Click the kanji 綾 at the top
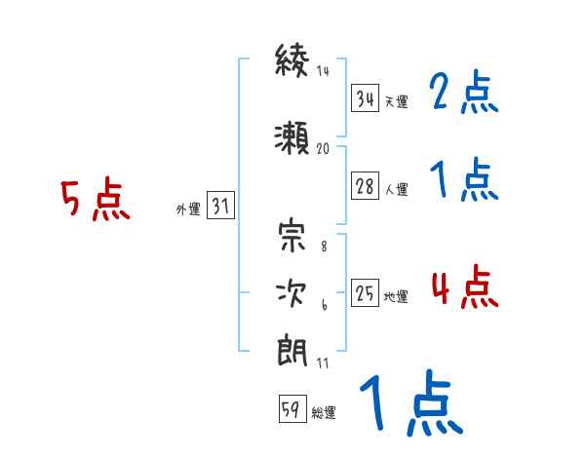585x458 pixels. click(292, 60)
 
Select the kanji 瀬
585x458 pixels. click(292, 137)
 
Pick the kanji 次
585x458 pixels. click(291, 293)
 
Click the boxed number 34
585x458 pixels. click(365, 97)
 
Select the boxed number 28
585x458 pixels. click(365, 185)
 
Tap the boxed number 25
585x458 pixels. click(365, 292)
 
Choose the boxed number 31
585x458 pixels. click(220, 205)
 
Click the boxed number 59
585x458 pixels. click(292, 408)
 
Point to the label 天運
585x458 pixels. click(396, 101)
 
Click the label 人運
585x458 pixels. click(396, 189)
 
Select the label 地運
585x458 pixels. click(396, 296)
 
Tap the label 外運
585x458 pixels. click(188, 209)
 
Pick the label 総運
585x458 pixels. click(324, 412)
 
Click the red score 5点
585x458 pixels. click(96, 199)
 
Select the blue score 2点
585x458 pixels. click(464, 92)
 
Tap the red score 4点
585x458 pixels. click(464, 286)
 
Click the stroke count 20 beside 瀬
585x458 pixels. click(323, 149)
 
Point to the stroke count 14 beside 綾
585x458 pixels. click(323, 70)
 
